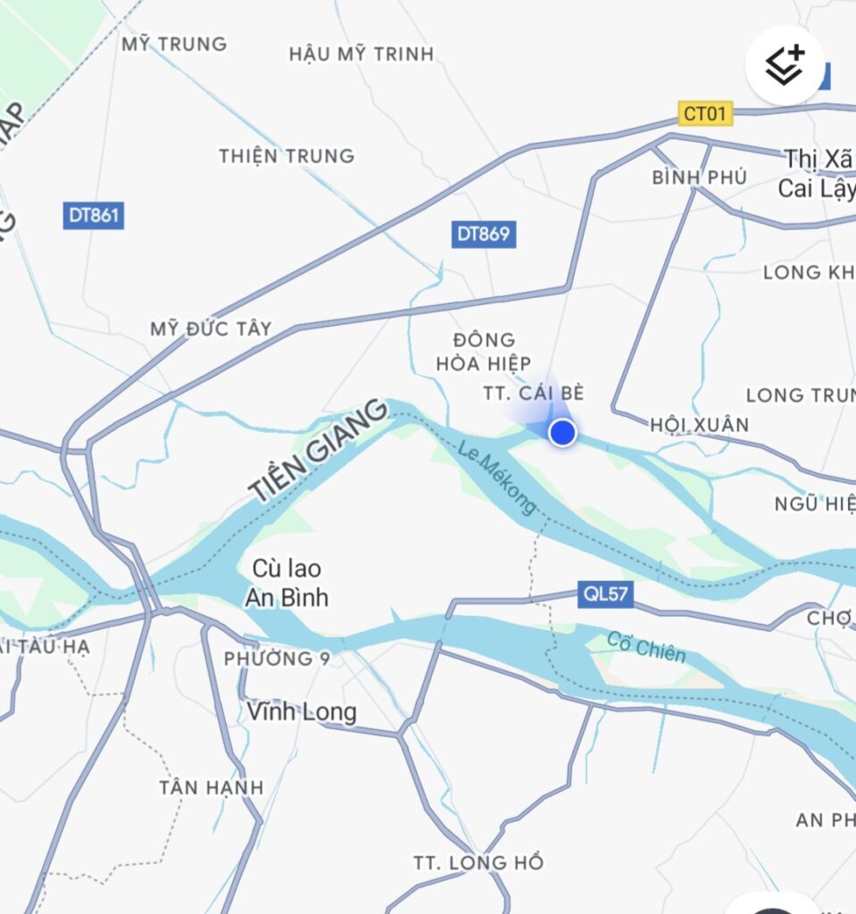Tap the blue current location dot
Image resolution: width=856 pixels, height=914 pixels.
tap(561, 433)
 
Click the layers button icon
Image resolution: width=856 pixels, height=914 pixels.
tap(785, 65)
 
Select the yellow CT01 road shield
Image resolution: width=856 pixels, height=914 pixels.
tap(705, 113)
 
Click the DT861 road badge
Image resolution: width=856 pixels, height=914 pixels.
tap(93, 216)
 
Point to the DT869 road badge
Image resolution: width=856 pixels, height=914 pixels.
tap(484, 234)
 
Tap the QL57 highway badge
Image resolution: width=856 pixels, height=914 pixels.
tap(606, 594)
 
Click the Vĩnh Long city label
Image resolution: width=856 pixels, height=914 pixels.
tap(302, 712)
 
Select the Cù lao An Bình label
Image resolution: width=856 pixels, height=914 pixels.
tap(286, 583)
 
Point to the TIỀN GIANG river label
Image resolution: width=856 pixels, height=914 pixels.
tap(319, 450)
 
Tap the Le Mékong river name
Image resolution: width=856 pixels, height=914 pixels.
tap(497, 478)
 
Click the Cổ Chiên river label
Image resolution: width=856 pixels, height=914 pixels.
tap(646, 647)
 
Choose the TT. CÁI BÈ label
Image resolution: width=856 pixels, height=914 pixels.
tap(534, 393)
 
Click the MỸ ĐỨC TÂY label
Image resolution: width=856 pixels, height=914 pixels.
tap(211, 328)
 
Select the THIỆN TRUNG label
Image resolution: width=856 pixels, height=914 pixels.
tap(287, 156)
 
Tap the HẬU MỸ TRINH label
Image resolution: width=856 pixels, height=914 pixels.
tap(362, 54)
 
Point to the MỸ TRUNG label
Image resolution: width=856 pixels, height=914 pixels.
tap(175, 43)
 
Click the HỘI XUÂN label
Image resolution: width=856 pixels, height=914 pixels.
tap(700, 424)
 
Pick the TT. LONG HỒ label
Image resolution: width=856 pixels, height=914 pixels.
tap(478, 863)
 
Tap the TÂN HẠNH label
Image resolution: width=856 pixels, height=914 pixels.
tap(212, 787)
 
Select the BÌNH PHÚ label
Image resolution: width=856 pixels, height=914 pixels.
tap(699, 178)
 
